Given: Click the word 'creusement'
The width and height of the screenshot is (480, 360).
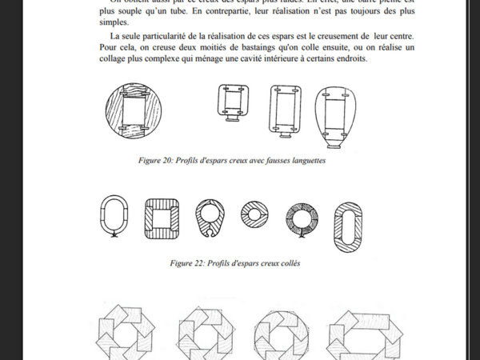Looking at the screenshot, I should pyautogui.click(x=335, y=37).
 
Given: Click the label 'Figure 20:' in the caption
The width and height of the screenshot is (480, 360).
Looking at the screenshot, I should pyautogui.click(x=159, y=160).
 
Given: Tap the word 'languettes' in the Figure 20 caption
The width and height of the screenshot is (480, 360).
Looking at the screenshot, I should pyautogui.click(x=300, y=160).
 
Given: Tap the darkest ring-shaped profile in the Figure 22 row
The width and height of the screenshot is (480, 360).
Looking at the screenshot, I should pyautogui.click(x=302, y=216).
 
